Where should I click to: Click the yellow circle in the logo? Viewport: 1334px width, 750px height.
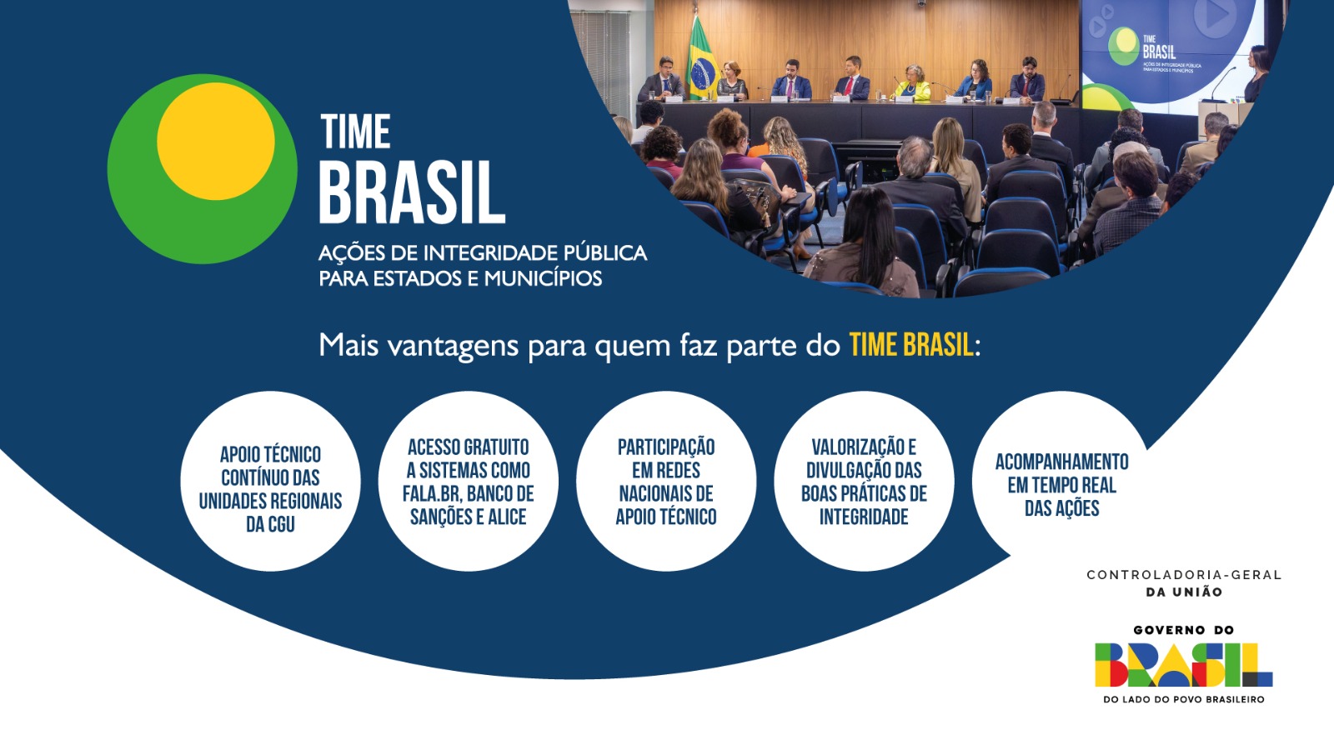(x=215, y=141)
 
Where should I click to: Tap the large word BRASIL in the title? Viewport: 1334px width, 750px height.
(x=412, y=192)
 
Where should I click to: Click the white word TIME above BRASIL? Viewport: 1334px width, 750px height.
(x=356, y=132)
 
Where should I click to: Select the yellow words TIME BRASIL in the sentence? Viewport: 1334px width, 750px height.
(x=910, y=345)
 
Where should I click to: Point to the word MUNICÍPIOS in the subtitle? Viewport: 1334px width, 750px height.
(x=543, y=278)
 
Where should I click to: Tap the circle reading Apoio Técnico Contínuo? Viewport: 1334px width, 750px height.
(x=270, y=482)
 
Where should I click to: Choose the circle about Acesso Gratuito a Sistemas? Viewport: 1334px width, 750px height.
(x=468, y=482)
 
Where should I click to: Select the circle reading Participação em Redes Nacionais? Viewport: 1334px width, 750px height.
(x=665, y=482)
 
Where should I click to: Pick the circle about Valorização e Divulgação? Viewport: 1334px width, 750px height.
(x=864, y=482)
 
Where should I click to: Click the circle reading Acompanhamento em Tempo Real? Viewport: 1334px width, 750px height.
(x=1061, y=482)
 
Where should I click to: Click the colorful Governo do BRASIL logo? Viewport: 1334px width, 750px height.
(x=1183, y=664)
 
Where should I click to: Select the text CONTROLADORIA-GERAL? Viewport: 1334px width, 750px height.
(x=1183, y=575)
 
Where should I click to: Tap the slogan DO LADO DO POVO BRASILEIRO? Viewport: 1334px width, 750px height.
(x=1183, y=700)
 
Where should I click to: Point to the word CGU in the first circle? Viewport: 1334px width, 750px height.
(x=281, y=524)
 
